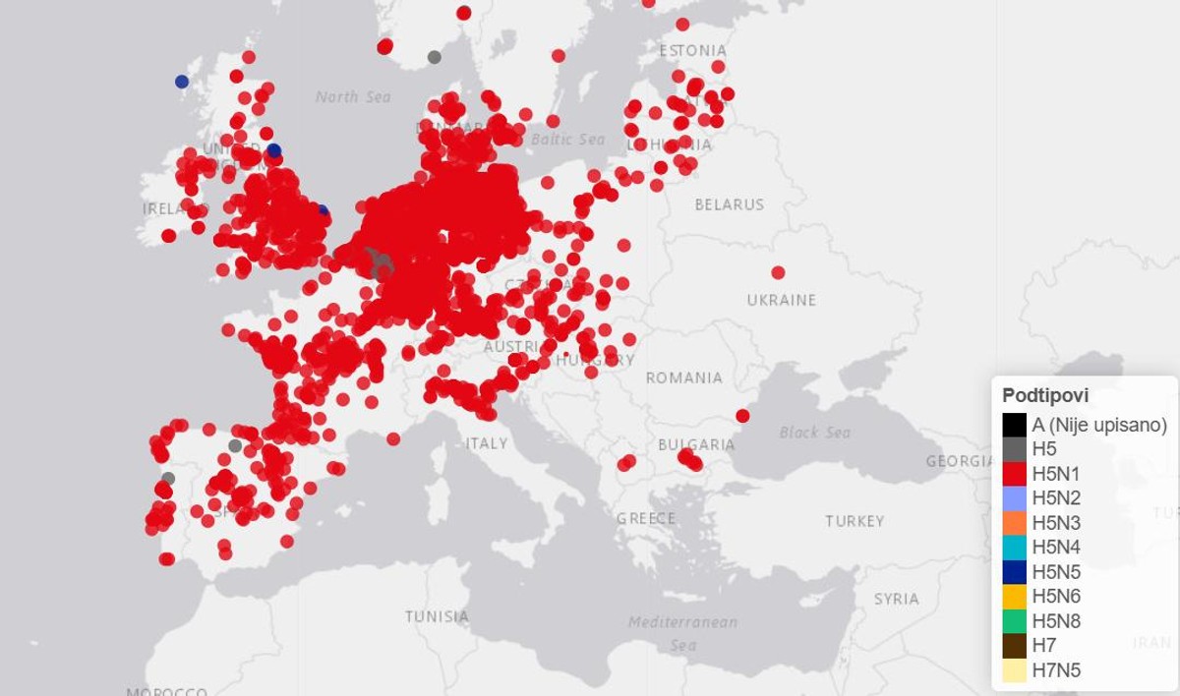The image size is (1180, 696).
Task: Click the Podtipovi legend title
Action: [1045, 395]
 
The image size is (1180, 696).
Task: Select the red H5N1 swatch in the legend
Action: [1015, 474]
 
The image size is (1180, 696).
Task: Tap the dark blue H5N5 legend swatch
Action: [1015, 572]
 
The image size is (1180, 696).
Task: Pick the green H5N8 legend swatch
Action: [1015, 621]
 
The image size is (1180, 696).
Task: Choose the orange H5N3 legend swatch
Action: [1015, 523]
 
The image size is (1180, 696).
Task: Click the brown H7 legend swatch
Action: [1015, 646]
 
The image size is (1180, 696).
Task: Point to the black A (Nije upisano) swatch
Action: [1015, 425]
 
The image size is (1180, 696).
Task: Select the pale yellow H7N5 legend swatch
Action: [1015, 670]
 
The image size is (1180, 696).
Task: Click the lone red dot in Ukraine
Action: [778, 272]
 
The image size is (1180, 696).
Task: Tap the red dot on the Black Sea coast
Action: [742, 416]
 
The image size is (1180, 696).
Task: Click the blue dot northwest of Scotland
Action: [182, 82]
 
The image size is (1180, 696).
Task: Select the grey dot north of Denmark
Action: [435, 57]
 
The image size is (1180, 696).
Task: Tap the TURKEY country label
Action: [855, 521]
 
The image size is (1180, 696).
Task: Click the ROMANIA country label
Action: [683, 377]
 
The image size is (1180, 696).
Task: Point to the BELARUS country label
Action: [729, 204]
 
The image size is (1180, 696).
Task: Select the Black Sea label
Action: [815, 433]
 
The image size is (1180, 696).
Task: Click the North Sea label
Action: [353, 96]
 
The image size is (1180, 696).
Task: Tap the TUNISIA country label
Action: [437, 616]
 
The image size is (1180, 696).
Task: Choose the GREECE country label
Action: [646, 518]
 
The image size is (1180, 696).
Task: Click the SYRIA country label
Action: [896, 599]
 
